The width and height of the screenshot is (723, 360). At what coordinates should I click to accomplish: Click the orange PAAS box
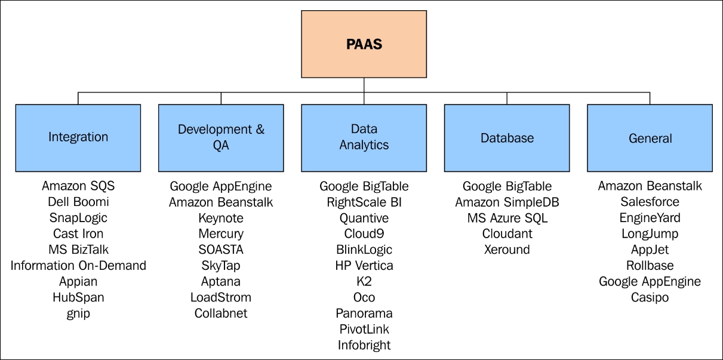(x=364, y=44)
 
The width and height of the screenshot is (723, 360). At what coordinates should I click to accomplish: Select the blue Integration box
(x=78, y=138)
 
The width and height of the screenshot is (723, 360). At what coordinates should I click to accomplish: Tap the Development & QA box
(x=221, y=138)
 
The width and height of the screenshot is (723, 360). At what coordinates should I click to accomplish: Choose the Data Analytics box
(x=364, y=138)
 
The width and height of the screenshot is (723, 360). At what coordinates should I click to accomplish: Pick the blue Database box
(x=507, y=138)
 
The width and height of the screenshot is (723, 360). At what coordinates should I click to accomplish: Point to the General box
(x=650, y=138)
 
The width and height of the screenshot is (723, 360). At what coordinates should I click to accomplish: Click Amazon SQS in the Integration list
(x=78, y=186)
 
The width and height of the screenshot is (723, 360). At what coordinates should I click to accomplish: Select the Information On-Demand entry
(x=78, y=266)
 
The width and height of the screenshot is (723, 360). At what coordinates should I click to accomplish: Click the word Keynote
(x=221, y=219)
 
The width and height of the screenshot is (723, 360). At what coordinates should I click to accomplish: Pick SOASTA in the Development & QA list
(x=221, y=250)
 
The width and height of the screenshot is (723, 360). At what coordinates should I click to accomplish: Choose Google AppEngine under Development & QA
(x=221, y=187)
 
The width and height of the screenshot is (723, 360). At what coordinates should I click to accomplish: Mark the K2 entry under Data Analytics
(x=364, y=282)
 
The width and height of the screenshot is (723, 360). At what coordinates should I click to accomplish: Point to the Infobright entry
(x=364, y=346)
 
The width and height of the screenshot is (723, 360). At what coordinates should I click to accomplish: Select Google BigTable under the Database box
(x=507, y=187)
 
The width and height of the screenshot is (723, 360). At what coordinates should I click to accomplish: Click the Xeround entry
(x=507, y=250)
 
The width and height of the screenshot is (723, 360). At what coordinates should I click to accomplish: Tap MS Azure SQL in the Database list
(x=507, y=219)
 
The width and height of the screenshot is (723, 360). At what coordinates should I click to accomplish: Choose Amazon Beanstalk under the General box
(x=650, y=186)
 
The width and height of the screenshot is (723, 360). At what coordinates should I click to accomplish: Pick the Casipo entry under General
(x=650, y=298)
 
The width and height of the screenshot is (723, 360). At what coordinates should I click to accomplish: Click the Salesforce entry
(x=650, y=202)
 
